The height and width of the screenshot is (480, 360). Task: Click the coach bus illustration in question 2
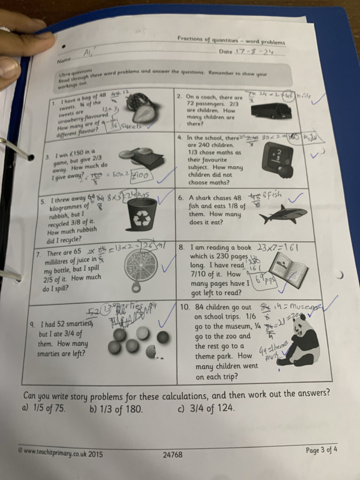[x=271, y=111]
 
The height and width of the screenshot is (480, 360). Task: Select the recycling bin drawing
[x=142, y=215]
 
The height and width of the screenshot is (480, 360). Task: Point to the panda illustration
[x=301, y=341]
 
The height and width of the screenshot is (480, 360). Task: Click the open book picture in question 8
[x=288, y=270]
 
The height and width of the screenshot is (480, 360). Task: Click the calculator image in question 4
[x=277, y=160]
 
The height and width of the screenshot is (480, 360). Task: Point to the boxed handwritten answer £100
[x=140, y=174]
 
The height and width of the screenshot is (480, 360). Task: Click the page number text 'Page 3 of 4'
[x=321, y=450]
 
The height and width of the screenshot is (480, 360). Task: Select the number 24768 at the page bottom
[x=172, y=454]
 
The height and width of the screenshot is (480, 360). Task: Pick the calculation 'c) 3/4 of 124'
[x=205, y=408]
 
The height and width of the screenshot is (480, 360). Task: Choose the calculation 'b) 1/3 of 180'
[x=116, y=409]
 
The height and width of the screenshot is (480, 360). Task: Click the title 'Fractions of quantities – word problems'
[x=231, y=40]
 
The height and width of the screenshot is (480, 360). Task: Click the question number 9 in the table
[x=32, y=324]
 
